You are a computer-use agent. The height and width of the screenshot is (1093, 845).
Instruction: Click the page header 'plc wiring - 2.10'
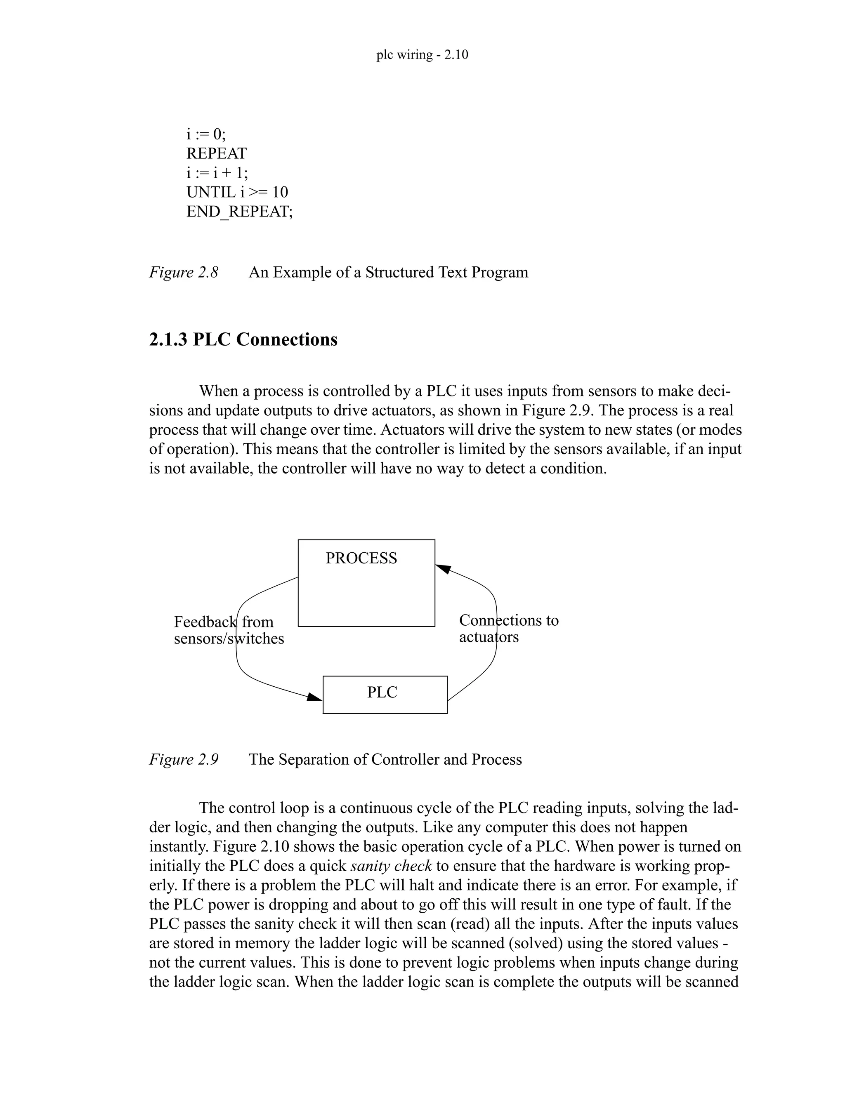(x=422, y=54)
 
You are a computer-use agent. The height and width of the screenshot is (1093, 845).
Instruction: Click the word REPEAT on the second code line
(x=216, y=153)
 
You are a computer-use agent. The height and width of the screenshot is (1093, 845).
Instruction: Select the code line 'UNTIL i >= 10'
(x=237, y=192)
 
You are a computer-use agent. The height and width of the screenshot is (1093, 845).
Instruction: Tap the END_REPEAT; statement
(x=239, y=212)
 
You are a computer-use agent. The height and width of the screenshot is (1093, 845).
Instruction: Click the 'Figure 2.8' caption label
(x=184, y=272)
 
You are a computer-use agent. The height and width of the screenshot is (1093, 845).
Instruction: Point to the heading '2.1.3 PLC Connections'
(x=243, y=340)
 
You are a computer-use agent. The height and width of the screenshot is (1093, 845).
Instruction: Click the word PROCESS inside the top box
(x=361, y=558)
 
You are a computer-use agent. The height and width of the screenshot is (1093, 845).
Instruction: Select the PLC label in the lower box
(x=382, y=692)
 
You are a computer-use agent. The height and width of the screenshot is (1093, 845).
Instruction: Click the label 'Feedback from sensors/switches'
(x=228, y=630)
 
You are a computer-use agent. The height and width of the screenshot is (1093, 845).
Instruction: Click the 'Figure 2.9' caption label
(x=184, y=760)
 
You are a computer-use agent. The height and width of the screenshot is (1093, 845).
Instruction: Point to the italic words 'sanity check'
(x=391, y=866)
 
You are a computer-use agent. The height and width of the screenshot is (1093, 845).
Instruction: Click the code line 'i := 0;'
(x=206, y=134)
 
